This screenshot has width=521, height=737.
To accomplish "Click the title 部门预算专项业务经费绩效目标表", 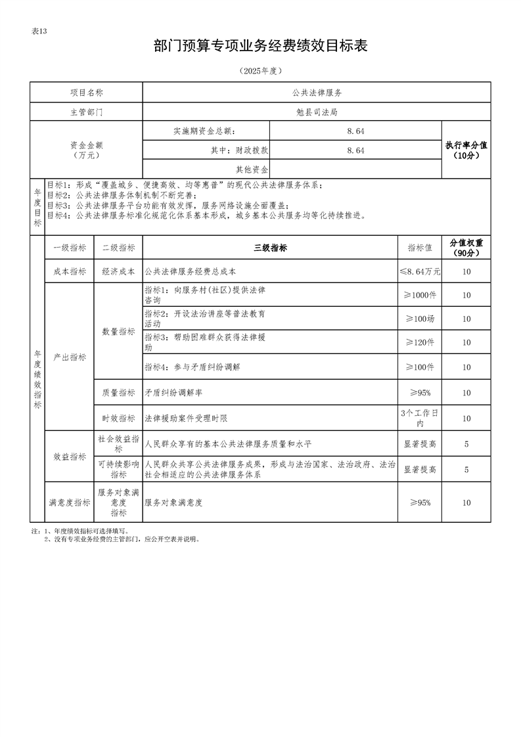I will [x=260, y=45].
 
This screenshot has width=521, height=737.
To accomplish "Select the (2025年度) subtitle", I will [x=260, y=70].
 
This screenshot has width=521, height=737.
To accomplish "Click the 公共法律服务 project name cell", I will [x=317, y=93].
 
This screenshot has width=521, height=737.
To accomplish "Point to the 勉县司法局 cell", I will [x=317, y=112].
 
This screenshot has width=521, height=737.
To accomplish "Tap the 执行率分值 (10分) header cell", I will [x=466, y=150].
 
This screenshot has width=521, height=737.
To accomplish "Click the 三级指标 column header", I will [x=270, y=248].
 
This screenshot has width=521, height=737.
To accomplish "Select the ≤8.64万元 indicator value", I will [x=420, y=271].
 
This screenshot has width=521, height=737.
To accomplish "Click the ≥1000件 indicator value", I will [x=420, y=295].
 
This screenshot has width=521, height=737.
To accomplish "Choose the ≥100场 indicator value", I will [x=420, y=319].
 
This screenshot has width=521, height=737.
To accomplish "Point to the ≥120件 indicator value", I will [x=420, y=342].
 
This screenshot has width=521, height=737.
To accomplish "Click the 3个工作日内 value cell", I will [x=420, y=418].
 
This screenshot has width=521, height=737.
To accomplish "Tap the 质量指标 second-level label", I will [x=118, y=393].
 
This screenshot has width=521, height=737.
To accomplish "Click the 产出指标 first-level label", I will [x=69, y=357].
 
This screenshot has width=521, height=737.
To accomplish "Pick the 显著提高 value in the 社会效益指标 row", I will [x=420, y=444].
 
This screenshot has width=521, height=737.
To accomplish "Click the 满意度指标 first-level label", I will [x=69, y=502].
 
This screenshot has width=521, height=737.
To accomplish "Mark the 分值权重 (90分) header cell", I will [x=466, y=248].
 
